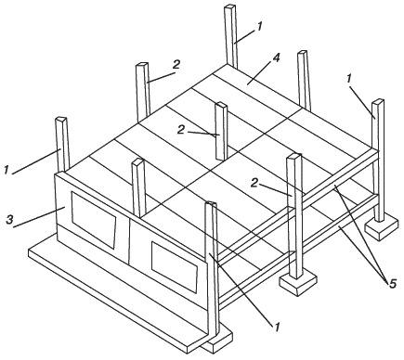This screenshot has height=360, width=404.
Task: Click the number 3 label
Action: [x=10, y=220]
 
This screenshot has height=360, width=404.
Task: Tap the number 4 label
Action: [x=276, y=58]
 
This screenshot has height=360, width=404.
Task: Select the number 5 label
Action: [x=392, y=284]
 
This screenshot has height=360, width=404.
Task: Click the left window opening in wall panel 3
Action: [x=94, y=219]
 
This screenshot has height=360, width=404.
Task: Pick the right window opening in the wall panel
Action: [x=175, y=267]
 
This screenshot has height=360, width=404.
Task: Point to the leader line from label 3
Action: [x=39, y=217]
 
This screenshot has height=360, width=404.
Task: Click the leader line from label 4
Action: [x=259, y=72]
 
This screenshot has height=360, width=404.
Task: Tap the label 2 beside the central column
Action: [x=181, y=130]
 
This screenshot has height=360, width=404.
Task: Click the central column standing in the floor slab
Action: [x=221, y=131]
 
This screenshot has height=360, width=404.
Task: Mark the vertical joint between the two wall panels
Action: [x=129, y=240]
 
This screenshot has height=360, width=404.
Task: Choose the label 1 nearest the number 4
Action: [x=259, y=27]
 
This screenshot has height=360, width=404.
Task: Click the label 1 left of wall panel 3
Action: [x=6, y=170]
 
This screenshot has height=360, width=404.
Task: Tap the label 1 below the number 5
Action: [x=277, y=327]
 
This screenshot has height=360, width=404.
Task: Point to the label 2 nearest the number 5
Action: [x=254, y=184]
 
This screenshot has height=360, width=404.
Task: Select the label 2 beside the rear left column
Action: [x=176, y=65]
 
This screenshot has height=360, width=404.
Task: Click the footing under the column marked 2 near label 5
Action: [x=298, y=284]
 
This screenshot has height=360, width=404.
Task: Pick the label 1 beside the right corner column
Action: [x=348, y=79]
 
